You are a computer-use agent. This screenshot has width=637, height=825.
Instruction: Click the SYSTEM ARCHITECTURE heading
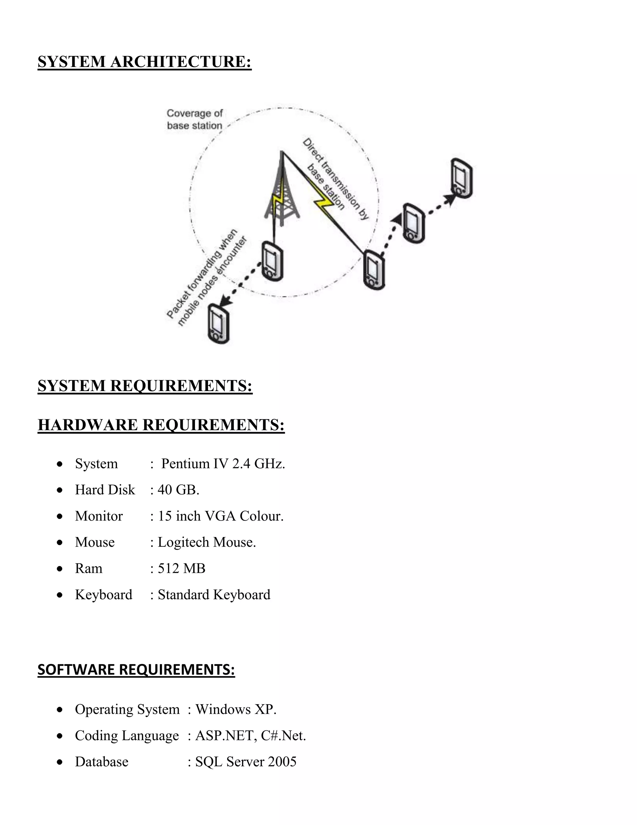[x=145, y=62]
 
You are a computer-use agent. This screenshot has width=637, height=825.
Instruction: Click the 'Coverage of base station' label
[x=195, y=119]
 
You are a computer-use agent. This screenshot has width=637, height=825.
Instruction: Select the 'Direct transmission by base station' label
[x=336, y=179]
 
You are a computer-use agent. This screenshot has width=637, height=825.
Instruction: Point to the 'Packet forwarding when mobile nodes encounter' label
[x=207, y=278]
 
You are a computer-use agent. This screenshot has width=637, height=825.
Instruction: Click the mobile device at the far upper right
[x=462, y=178]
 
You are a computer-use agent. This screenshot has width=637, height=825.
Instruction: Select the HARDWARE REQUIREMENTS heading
[x=161, y=425]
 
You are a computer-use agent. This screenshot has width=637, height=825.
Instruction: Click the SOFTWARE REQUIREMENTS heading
[x=136, y=669]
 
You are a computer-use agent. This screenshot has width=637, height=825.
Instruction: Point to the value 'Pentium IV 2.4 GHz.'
[x=223, y=464]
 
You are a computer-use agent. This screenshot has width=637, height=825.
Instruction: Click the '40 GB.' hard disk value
[x=178, y=490]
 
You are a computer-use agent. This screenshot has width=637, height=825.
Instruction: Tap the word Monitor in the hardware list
[x=99, y=516]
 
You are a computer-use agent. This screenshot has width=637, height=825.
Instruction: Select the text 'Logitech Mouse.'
[x=207, y=542]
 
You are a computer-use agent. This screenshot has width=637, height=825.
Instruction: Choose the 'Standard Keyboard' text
[x=214, y=595]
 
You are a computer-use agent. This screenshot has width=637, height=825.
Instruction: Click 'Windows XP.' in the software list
[x=236, y=709]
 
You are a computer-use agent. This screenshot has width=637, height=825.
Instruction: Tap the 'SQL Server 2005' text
[x=246, y=761]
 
